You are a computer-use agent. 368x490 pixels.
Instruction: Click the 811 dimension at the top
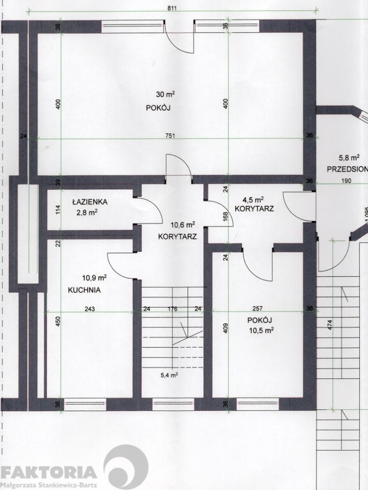tap(172, 9)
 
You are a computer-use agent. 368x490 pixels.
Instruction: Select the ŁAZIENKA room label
tap(90, 202)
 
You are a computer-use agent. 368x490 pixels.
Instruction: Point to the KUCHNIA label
tap(84, 290)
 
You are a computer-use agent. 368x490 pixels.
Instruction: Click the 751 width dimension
tap(170, 136)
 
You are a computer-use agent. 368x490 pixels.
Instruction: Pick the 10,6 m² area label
tap(183, 225)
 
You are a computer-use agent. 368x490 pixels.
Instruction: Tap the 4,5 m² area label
tap(253, 200)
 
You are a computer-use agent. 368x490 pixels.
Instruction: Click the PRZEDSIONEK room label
tap(348, 169)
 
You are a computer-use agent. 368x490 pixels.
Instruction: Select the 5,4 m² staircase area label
tap(169, 375)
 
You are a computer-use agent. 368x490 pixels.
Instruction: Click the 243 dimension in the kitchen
tap(90, 309)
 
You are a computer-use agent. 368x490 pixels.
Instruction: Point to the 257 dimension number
tap(257, 309)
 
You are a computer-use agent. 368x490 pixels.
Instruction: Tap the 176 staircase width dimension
tap(173, 309)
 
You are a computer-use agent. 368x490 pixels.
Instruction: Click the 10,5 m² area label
tap(261, 330)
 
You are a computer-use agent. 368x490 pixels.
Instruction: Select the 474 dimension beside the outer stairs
tap(331, 325)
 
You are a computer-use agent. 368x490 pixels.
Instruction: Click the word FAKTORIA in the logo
tap(48, 472)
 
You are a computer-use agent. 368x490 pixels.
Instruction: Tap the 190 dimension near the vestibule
tap(347, 181)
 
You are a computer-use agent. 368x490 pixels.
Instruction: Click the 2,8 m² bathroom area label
tap(87, 213)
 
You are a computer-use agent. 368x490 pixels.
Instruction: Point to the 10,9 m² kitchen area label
tap(94, 278)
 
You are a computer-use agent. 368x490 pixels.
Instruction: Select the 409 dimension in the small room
tap(226, 328)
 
